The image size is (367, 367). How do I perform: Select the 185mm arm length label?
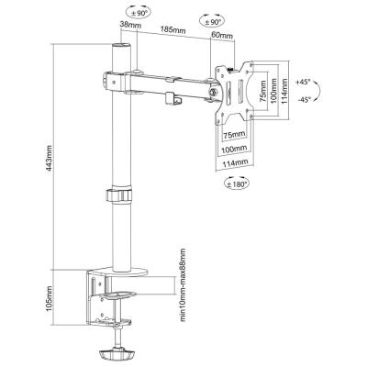pos(173,29)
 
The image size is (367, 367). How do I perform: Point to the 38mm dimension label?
pos(131,25)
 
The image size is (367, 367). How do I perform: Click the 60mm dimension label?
pos(222,36)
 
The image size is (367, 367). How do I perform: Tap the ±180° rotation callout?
pos(237,183)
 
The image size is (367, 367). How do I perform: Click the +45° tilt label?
pos(304,82)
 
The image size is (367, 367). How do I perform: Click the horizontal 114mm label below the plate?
pos(235,163)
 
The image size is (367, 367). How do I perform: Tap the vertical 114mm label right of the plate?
pos(284,92)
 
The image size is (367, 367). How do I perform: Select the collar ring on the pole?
pos(119,195)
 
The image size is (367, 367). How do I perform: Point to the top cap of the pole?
pos(121,46)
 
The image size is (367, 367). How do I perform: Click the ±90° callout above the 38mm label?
pos(138,13)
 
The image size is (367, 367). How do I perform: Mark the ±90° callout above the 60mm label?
pos(211,21)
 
